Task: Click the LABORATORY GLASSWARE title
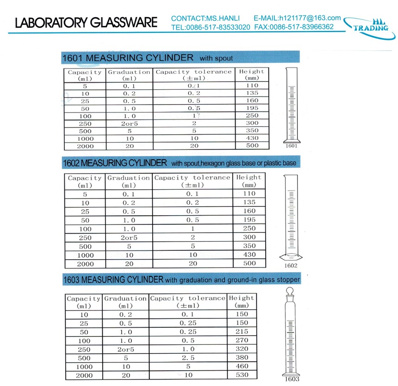[86, 23]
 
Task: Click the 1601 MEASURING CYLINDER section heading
[128, 58]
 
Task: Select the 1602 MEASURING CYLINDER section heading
[115, 163]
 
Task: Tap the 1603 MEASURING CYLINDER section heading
[113, 280]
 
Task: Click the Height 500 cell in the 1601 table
[252, 145]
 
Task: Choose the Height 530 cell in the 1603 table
[242, 375]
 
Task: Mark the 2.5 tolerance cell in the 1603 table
[187, 358]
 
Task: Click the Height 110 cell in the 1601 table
[252, 86]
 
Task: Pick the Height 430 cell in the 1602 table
[249, 255]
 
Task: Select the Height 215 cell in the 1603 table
[242, 332]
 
